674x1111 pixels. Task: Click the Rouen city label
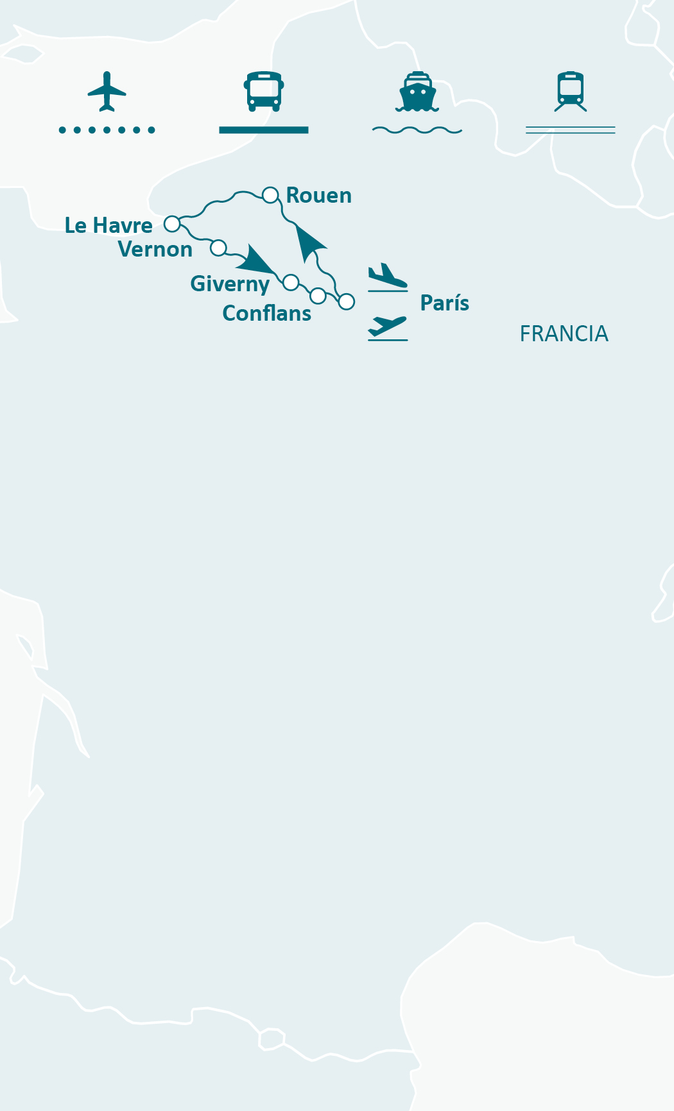(319, 196)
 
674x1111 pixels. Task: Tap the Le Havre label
(108, 226)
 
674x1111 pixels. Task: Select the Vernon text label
(155, 250)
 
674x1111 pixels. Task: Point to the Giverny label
(230, 284)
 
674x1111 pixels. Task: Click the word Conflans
(266, 314)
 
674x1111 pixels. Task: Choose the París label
(444, 303)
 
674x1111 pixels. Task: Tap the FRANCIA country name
(564, 334)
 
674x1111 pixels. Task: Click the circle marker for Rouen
(270, 194)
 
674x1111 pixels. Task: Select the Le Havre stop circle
(172, 224)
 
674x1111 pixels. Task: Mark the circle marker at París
(347, 301)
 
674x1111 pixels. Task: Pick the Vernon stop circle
(218, 248)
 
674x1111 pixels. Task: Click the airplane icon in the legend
(107, 91)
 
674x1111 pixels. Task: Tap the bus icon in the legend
(264, 91)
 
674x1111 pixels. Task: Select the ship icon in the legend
(417, 92)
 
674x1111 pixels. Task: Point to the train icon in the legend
(571, 91)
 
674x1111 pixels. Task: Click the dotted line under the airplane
(107, 130)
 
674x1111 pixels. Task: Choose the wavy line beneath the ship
(417, 130)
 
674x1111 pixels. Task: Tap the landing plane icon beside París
(387, 276)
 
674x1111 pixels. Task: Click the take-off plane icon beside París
(387, 327)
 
